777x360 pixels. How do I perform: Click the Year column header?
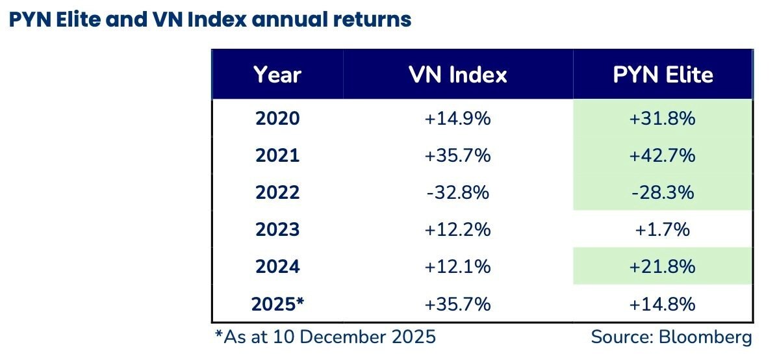coord(277,75)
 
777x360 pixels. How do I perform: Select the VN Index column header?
coord(457,75)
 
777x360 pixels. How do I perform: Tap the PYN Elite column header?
coord(663,75)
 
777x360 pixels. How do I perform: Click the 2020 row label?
coord(277,119)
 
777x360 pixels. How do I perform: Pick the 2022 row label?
coord(277,193)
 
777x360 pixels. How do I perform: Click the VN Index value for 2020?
coord(457,119)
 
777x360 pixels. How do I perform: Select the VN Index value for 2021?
coord(457,156)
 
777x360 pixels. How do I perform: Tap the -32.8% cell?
coord(457,193)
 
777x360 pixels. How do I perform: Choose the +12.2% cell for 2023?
coord(457,230)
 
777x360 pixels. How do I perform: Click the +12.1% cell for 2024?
coord(457,267)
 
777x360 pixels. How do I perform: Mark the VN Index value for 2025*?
coord(457,304)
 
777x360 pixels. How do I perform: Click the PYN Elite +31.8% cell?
coord(663,119)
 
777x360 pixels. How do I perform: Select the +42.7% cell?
coord(663,156)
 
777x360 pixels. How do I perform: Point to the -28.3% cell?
coord(663,193)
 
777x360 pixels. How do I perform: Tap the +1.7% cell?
coord(663,230)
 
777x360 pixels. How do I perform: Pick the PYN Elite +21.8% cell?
coord(663,267)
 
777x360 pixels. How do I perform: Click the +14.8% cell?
coord(663,304)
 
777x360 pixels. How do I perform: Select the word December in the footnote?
coord(348,338)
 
